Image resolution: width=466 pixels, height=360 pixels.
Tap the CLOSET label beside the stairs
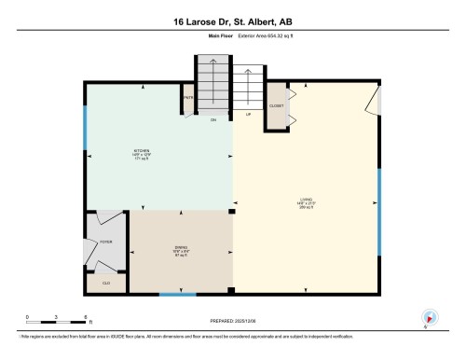(277, 106)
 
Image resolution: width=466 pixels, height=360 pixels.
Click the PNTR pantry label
(187, 97)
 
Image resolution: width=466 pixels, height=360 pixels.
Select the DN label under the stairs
(213, 119)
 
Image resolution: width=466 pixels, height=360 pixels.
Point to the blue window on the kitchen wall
(85, 127)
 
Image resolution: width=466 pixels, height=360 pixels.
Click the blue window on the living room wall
(378, 211)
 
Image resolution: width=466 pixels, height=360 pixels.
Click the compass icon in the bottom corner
(430, 316)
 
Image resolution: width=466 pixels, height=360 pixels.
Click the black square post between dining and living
(233, 212)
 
